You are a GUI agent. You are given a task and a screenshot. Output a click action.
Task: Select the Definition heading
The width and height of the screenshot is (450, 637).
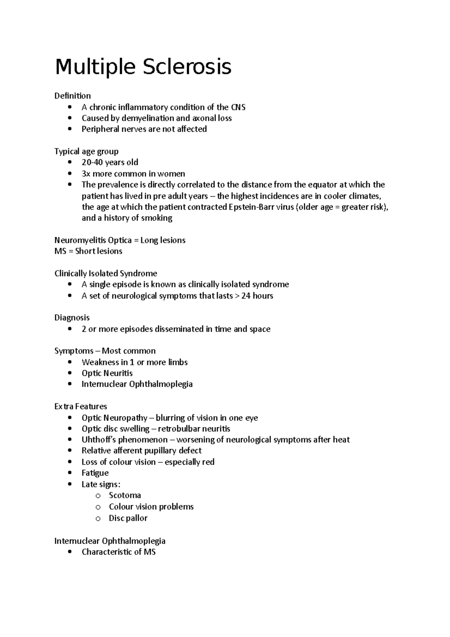coord(72,96)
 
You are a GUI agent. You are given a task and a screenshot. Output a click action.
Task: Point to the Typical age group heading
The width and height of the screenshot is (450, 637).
coord(86,152)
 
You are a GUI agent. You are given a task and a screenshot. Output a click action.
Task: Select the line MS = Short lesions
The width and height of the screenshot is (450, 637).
coord(88,251)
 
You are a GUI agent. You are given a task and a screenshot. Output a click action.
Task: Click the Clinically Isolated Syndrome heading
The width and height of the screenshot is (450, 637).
coord(105,273)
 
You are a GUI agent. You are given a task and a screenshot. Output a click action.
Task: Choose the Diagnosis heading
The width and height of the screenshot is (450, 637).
coord(72,318)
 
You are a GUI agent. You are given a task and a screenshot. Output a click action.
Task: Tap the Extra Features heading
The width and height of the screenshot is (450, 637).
coord(81,407)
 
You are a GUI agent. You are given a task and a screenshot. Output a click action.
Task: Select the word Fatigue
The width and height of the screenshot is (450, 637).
coord(95,473)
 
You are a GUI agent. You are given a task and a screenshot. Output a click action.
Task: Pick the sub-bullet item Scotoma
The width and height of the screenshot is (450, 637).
coord(125,495)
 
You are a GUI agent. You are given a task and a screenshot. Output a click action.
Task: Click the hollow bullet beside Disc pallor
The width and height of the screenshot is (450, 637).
coord(98,518)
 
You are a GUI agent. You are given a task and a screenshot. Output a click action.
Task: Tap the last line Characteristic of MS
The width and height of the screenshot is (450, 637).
coord(118,552)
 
